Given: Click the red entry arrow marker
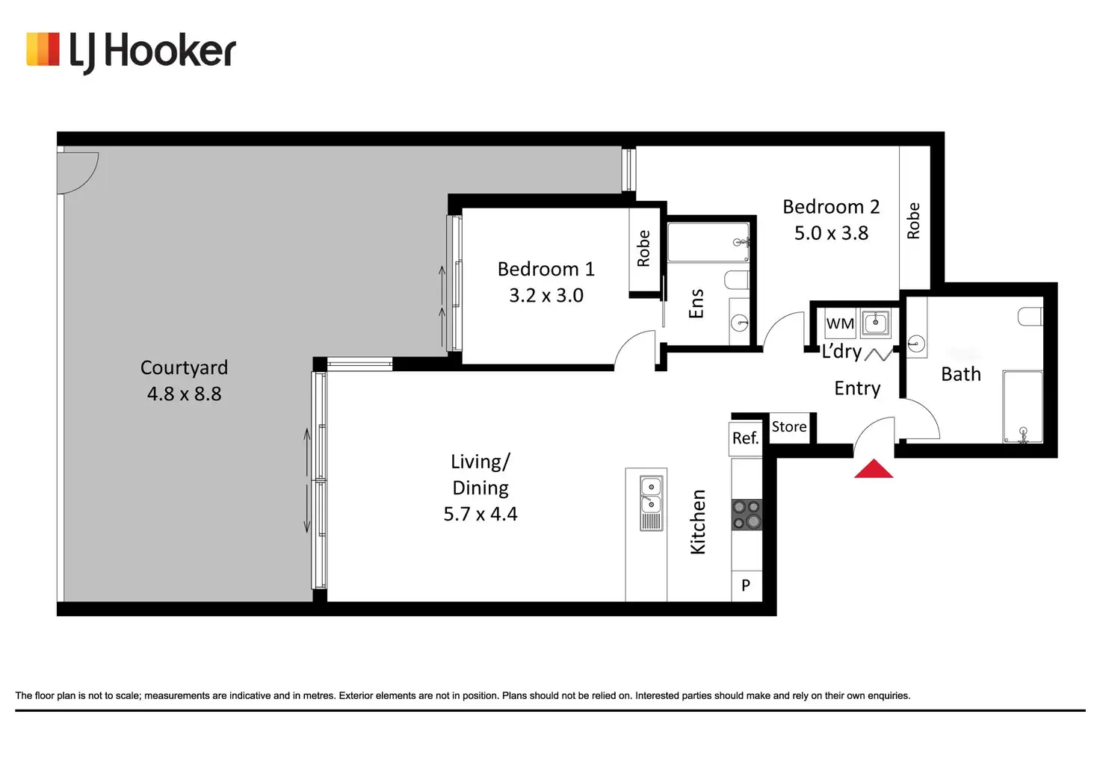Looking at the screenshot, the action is [873, 468].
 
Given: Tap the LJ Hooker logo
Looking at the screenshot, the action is [131, 52].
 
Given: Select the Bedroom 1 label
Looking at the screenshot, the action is [546, 269].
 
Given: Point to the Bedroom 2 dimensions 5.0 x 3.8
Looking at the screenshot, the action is [832, 233].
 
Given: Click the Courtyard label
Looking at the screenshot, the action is [184, 367].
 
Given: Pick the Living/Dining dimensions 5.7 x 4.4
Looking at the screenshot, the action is [481, 514].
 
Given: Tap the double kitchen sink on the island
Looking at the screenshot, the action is [651, 503].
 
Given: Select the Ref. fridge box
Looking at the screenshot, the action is [746, 438].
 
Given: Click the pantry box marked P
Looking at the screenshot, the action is [747, 586].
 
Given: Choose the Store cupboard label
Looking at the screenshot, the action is [789, 426].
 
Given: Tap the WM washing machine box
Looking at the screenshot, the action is [840, 323].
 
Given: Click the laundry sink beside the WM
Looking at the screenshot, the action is [876, 323].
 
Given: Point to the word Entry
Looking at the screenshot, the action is [857, 388].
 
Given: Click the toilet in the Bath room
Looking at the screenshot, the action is [1031, 317].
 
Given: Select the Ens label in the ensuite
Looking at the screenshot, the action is [696, 303].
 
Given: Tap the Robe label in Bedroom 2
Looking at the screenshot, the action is [913, 221].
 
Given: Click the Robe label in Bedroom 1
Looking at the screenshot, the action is [643, 249].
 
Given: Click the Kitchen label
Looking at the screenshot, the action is [698, 522].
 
